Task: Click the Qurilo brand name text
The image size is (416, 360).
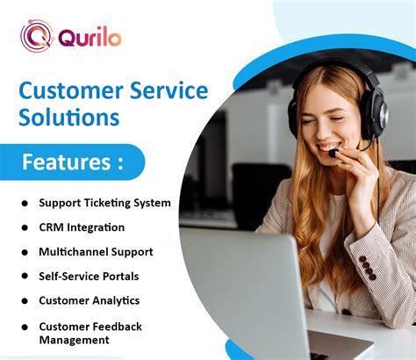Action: pos(90,38)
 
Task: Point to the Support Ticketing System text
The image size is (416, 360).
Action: pos(104,203)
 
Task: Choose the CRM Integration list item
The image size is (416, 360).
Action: pos(82,227)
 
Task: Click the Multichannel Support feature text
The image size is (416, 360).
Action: pos(96,252)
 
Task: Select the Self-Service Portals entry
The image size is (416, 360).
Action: pos(89,277)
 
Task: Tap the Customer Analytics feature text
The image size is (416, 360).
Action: pos(89,300)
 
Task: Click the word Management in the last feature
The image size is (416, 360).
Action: pos(75,339)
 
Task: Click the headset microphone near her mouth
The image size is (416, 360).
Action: pos(334,153)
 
